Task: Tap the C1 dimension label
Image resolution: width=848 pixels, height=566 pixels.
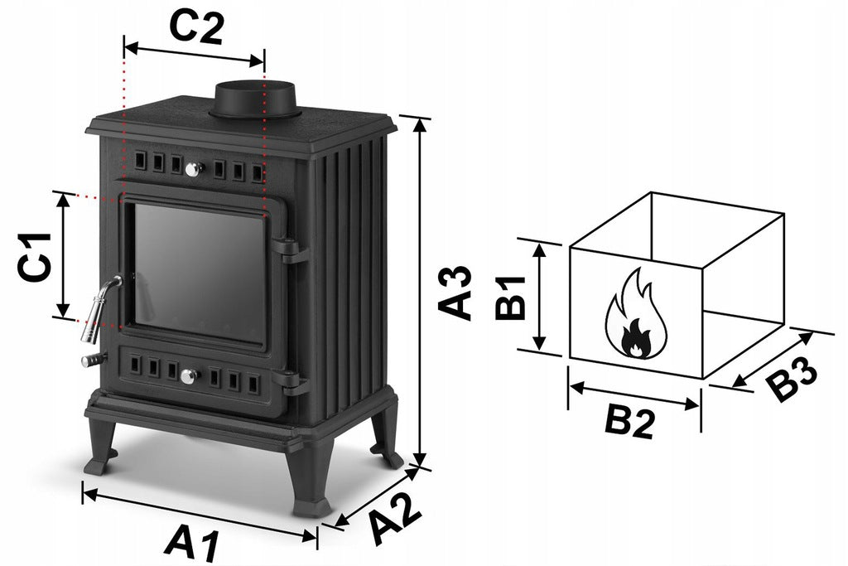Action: pos(35,257)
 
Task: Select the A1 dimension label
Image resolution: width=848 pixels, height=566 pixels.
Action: pos(192,543)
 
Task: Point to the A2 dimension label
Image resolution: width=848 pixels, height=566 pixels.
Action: pos(395,519)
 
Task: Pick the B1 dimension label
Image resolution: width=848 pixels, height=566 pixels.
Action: pos(510,298)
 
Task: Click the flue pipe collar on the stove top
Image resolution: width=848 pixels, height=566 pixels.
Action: pos(255,100)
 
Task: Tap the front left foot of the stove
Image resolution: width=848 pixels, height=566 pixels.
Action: pos(101,447)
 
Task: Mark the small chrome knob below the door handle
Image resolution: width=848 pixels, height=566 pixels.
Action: pos(93,360)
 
